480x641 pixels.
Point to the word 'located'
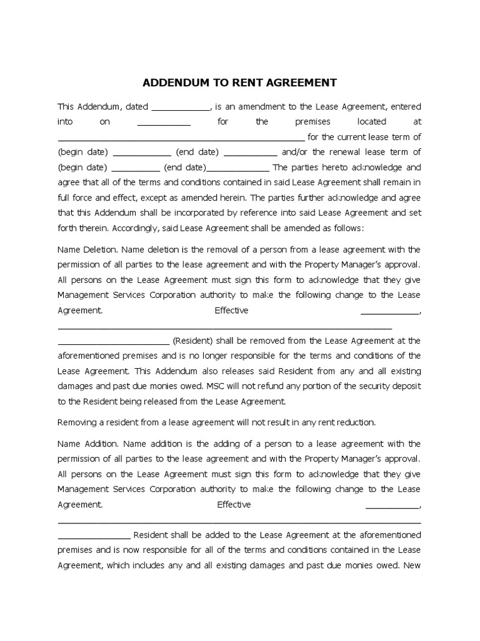click(x=371, y=121)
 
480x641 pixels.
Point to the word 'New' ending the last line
click(x=412, y=565)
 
